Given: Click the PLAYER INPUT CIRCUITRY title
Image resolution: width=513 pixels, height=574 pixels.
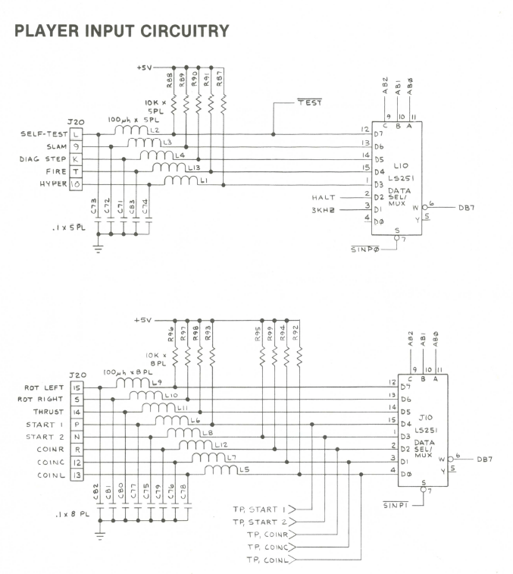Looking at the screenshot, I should (122, 31).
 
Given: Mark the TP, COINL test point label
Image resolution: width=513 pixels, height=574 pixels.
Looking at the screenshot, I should (264, 560).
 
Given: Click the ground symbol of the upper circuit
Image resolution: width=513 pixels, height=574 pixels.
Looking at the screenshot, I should (98, 247).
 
